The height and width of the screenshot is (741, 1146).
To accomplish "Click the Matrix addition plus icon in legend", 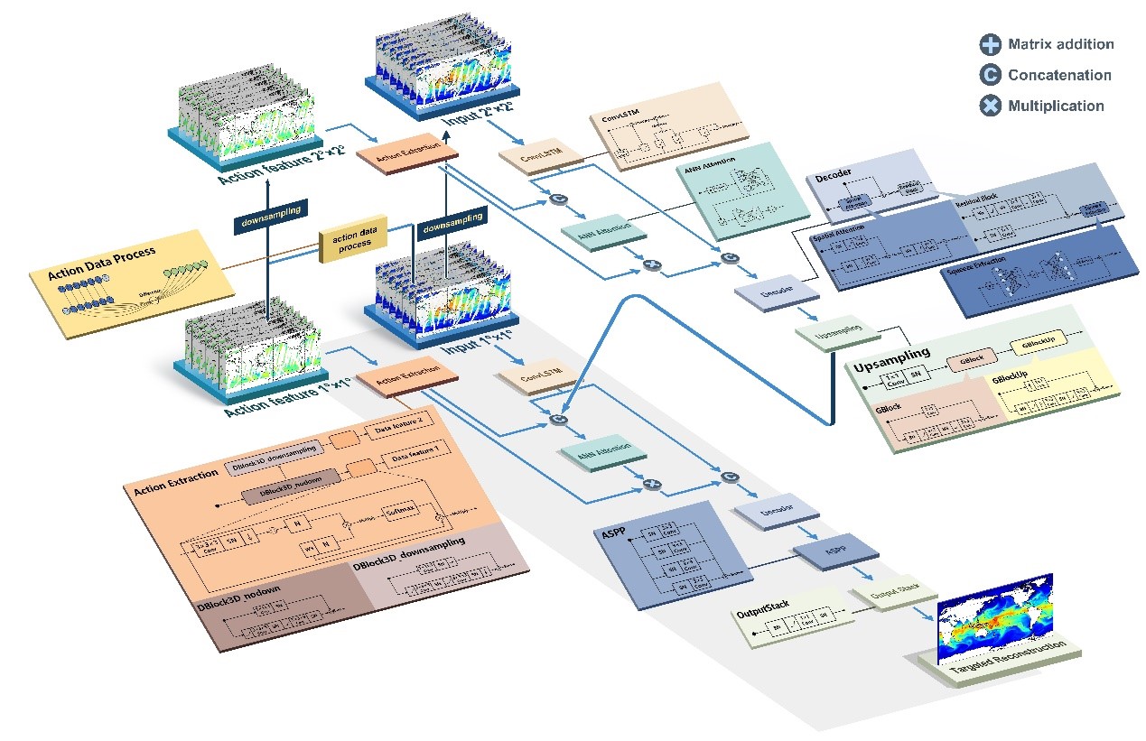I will click(991, 44).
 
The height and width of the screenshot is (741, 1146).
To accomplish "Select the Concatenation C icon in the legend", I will click(991, 75).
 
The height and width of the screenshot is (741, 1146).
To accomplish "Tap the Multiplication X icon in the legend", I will click(991, 106).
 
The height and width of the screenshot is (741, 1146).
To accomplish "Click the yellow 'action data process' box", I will click(347, 243).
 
